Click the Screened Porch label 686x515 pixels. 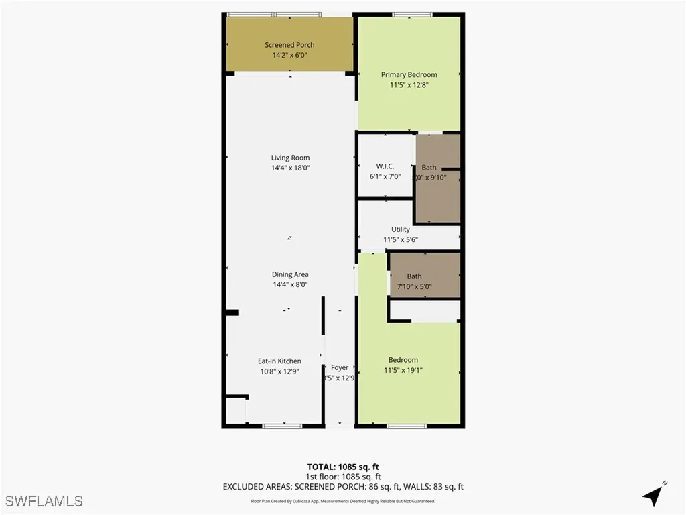pyautogui.click(x=289, y=45)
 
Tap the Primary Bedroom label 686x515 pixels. pyautogui.click(x=409, y=74)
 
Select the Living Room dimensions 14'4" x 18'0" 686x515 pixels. pyautogui.click(x=291, y=168)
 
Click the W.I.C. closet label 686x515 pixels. pyautogui.click(x=385, y=166)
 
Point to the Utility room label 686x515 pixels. pyautogui.click(x=401, y=229)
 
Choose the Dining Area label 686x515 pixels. pyautogui.click(x=290, y=274)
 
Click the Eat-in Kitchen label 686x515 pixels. pyautogui.click(x=279, y=361)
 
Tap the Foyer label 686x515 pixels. pyautogui.click(x=340, y=367)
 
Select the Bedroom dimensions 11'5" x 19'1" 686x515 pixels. pyautogui.click(x=403, y=370)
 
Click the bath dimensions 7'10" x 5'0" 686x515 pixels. pyautogui.click(x=414, y=286)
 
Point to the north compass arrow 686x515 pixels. pyautogui.click(x=654, y=495)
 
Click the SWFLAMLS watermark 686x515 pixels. pyautogui.click(x=44, y=501)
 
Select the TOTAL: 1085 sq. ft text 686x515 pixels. pyautogui.click(x=343, y=467)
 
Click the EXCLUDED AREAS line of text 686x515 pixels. pyautogui.click(x=343, y=487)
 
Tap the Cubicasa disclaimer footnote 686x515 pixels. pyautogui.click(x=343, y=501)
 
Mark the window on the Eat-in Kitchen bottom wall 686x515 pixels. pyautogui.click(x=282, y=426)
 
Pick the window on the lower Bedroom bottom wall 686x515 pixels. pyautogui.click(x=407, y=426)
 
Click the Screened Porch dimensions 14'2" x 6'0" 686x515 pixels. pyautogui.click(x=289, y=56)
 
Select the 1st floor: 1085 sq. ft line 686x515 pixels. pyautogui.click(x=343, y=477)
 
